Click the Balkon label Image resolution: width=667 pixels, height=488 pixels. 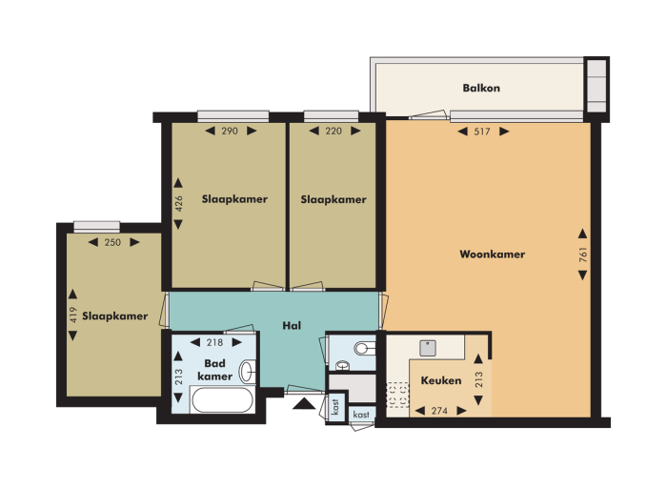(481, 88)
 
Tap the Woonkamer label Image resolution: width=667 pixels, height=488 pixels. (493, 254)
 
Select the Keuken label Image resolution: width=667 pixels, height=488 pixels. (441, 380)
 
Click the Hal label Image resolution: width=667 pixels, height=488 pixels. (292, 325)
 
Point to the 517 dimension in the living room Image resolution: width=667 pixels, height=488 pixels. (482, 132)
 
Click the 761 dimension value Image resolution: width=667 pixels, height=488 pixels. (583, 254)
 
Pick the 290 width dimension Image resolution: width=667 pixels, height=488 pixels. (230, 131)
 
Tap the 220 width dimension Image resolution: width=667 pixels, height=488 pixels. (333, 131)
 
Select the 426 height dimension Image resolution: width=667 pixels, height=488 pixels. (179, 204)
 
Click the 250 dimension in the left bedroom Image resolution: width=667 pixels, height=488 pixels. (112, 242)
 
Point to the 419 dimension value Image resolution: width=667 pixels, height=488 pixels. (73, 315)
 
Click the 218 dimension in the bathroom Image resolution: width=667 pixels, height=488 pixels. (214, 342)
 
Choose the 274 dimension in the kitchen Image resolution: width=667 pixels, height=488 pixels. (439, 411)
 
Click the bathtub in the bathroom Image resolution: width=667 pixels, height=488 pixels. (222, 400)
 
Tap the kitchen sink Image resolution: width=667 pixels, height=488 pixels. (428, 348)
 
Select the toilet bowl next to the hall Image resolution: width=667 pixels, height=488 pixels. (365, 349)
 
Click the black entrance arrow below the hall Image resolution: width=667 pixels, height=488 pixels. (304, 403)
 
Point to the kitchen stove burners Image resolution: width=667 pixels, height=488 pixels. (397, 396)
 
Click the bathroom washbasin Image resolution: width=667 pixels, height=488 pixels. (248, 372)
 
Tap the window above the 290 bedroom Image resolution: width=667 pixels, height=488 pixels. (233, 116)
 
